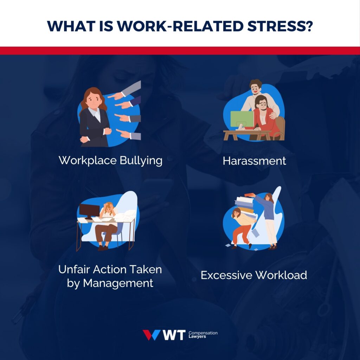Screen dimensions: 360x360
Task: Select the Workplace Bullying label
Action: [110, 160]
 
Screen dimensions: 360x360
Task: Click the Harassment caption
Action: [254, 161]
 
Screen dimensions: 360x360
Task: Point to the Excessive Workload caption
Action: [254, 275]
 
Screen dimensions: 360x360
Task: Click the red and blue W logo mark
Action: [152, 335]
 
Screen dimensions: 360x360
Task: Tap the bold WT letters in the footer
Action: [174, 335]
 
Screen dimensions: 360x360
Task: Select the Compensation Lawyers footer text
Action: [203, 334]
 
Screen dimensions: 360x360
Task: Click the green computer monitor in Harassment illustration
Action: [242, 119]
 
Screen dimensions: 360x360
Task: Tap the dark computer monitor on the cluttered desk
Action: [89, 211]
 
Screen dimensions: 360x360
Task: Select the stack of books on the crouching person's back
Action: [245, 205]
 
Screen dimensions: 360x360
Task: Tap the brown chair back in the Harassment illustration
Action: [280, 125]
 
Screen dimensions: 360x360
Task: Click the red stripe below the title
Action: [180, 51]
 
